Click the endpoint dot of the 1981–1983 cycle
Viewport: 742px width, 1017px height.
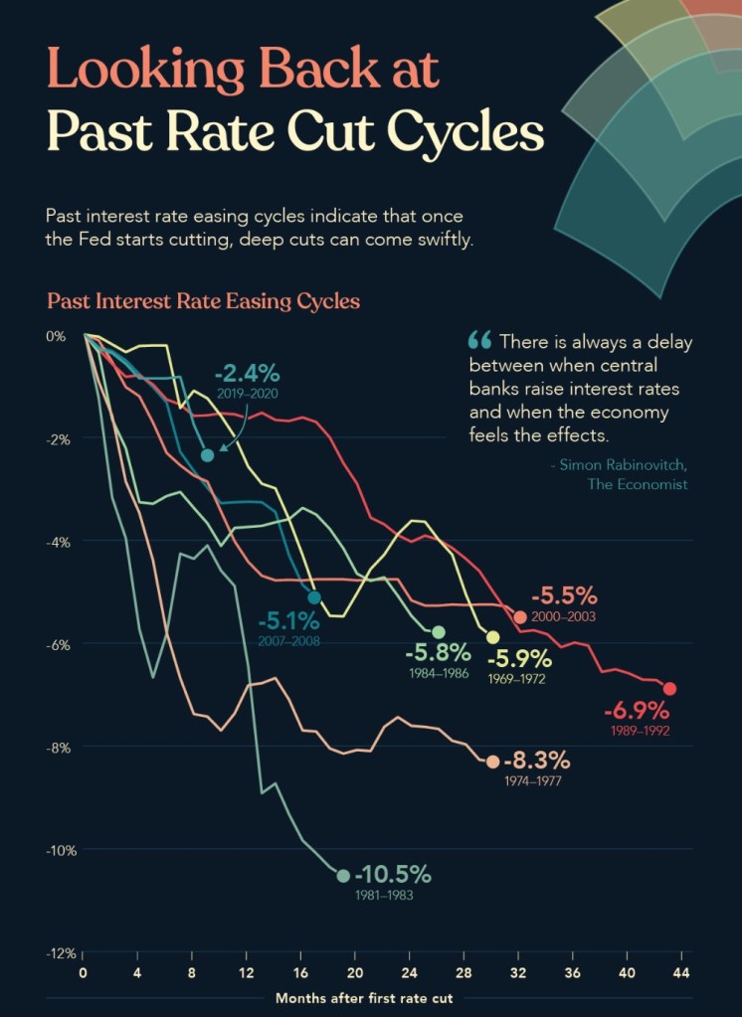pos(343,876)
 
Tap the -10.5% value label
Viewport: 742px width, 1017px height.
pos(393,875)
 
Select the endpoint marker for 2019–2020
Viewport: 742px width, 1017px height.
pos(207,455)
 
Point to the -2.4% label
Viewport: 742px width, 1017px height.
pos(247,375)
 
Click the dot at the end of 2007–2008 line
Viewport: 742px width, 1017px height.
pos(314,597)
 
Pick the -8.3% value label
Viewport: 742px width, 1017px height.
pos(537,762)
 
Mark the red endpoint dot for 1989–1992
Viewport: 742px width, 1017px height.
pos(669,689)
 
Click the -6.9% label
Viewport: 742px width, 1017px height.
pos(637,712)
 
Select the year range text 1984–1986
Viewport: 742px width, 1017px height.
pos(439,673)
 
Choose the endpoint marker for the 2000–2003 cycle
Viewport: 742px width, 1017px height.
pos(520,617)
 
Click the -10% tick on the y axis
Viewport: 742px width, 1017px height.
pos(61,850)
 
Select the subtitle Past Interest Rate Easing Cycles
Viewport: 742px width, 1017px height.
pos(203,300)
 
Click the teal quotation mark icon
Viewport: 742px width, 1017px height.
pos(478,340)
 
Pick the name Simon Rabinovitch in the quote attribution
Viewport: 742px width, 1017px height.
pos(622,465)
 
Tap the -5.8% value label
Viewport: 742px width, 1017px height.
pos(438,653)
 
